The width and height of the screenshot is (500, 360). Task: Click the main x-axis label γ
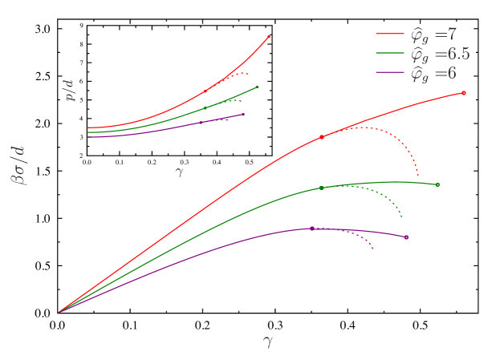(267, 341)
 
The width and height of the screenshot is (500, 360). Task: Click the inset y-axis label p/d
(71, 90)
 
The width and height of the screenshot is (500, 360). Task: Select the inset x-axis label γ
(179, 171)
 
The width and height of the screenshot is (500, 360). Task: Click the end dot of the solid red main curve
(464, 93)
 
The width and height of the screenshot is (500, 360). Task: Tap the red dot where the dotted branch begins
(322, 137)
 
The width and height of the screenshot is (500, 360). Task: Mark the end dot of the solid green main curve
(438, 184)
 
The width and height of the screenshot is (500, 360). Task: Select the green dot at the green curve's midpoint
(321, 188)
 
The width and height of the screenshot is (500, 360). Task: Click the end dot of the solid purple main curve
(406, 237)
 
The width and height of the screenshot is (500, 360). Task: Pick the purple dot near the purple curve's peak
(312, 229)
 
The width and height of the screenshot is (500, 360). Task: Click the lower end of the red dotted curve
(418, 176)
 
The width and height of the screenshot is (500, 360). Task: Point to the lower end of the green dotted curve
(401, 216)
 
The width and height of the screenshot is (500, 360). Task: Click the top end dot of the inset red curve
(268, 36)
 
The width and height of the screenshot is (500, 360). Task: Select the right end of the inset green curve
(258, 87)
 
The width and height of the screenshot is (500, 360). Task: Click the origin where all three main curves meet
(59, 312)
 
